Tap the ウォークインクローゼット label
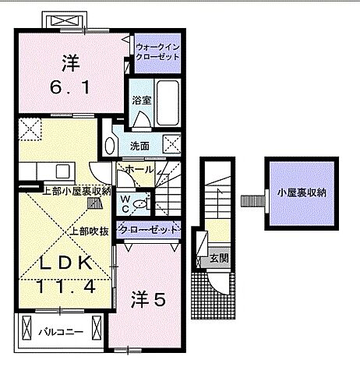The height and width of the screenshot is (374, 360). pos(158,51)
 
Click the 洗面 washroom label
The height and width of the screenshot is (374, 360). pos(140,146)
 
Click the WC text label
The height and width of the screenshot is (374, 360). pos(124,203)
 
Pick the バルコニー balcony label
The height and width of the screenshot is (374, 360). pos(58,332)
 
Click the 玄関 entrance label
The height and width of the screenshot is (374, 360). pos(219,258)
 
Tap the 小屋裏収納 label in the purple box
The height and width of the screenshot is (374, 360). pos(300,192)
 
